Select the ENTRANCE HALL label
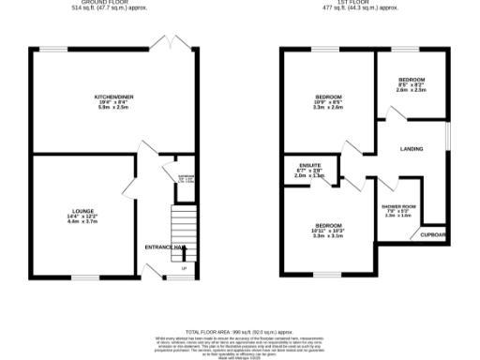[163, 247]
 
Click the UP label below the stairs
[184, 269]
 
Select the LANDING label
[411, 149]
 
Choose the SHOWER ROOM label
[397, 206]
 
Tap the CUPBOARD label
[432, 234]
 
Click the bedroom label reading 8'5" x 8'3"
[412, 80]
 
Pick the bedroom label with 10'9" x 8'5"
[328, 97]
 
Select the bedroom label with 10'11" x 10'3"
[328, 226]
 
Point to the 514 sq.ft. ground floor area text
[111, 8]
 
